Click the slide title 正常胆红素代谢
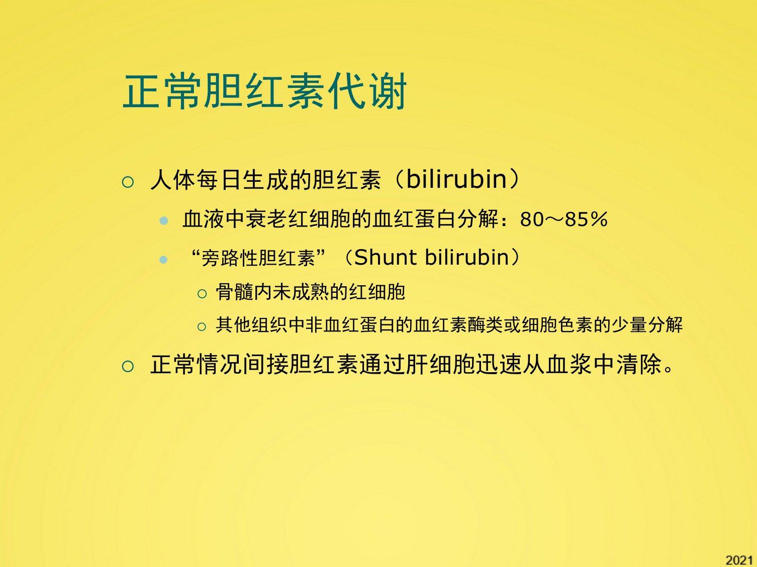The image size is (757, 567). coord(265,91)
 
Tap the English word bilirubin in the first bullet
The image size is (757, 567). coord(456,179)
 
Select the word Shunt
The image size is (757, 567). coord(386,257)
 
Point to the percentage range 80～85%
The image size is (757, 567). coord(563,219)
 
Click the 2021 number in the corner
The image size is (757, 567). coord(739,560)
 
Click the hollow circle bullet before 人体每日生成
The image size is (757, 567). coord(128,181)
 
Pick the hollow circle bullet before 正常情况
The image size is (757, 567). coord(128,366)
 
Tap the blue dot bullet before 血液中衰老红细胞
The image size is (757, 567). coord(164,220)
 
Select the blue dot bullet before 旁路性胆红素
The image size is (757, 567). coord(164,259)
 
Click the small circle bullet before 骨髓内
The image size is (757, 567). coord(202,294)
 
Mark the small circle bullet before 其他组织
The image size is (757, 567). coord(202,326)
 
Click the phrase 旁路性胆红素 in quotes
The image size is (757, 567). coord(258,258)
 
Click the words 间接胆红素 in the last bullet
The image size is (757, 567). coord(301,364)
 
